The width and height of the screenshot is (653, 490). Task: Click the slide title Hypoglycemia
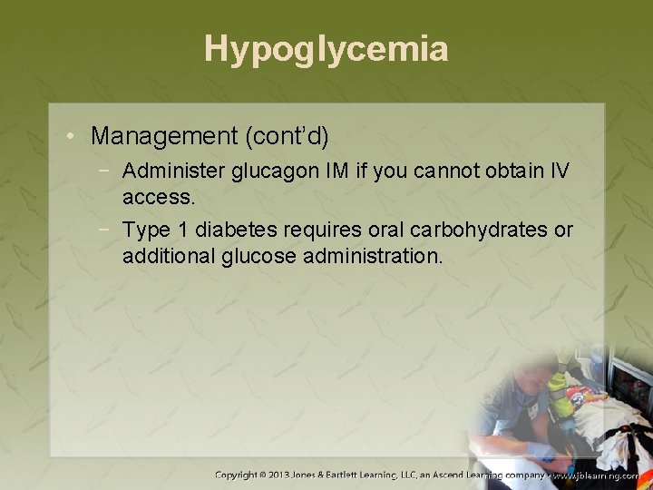pos(326,49)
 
